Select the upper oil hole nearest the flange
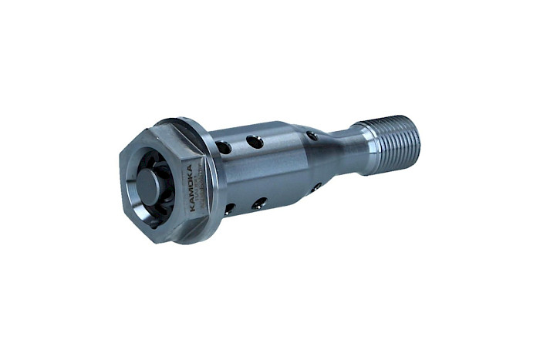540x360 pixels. [224, 146]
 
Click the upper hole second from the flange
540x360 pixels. [254, 142]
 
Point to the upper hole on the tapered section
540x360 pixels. [311, 136]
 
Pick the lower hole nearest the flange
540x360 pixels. [229, 208]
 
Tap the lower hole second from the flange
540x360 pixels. [259, 203]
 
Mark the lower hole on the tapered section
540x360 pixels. [316, 187]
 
